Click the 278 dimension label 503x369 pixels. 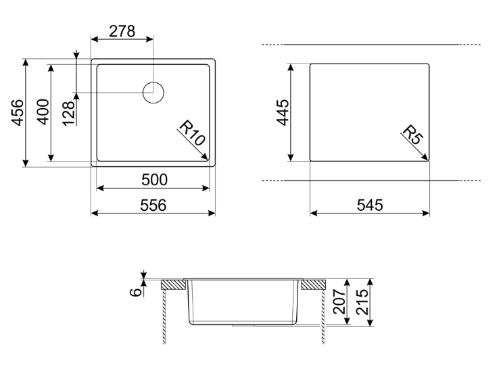pos(122,31)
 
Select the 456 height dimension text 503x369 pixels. pos(18,112)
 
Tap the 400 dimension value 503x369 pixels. pos(43,112)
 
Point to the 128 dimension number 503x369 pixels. pos(69,114)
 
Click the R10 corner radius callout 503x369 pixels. pos(192,132)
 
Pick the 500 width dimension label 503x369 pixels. pos(154,180)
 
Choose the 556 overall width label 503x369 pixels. pos(153,205)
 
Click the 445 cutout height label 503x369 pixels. pos(283,112)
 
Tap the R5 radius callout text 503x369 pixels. pos(413,134)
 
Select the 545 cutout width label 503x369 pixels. pos(370,205)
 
